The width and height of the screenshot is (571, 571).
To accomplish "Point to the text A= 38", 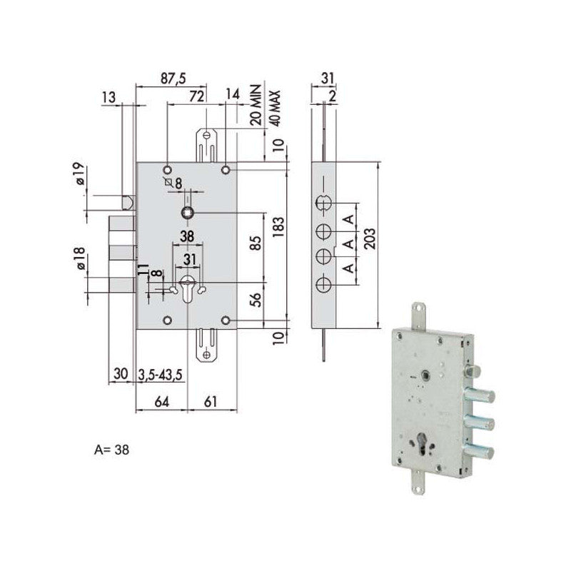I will point(112,450).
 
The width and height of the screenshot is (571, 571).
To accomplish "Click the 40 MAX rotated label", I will point(273,108).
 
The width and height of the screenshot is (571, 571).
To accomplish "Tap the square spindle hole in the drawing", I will point(187,213).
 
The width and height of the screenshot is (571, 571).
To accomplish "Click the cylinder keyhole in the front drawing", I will point(188,288).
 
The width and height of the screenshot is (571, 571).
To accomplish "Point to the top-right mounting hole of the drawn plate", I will point(225,170).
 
